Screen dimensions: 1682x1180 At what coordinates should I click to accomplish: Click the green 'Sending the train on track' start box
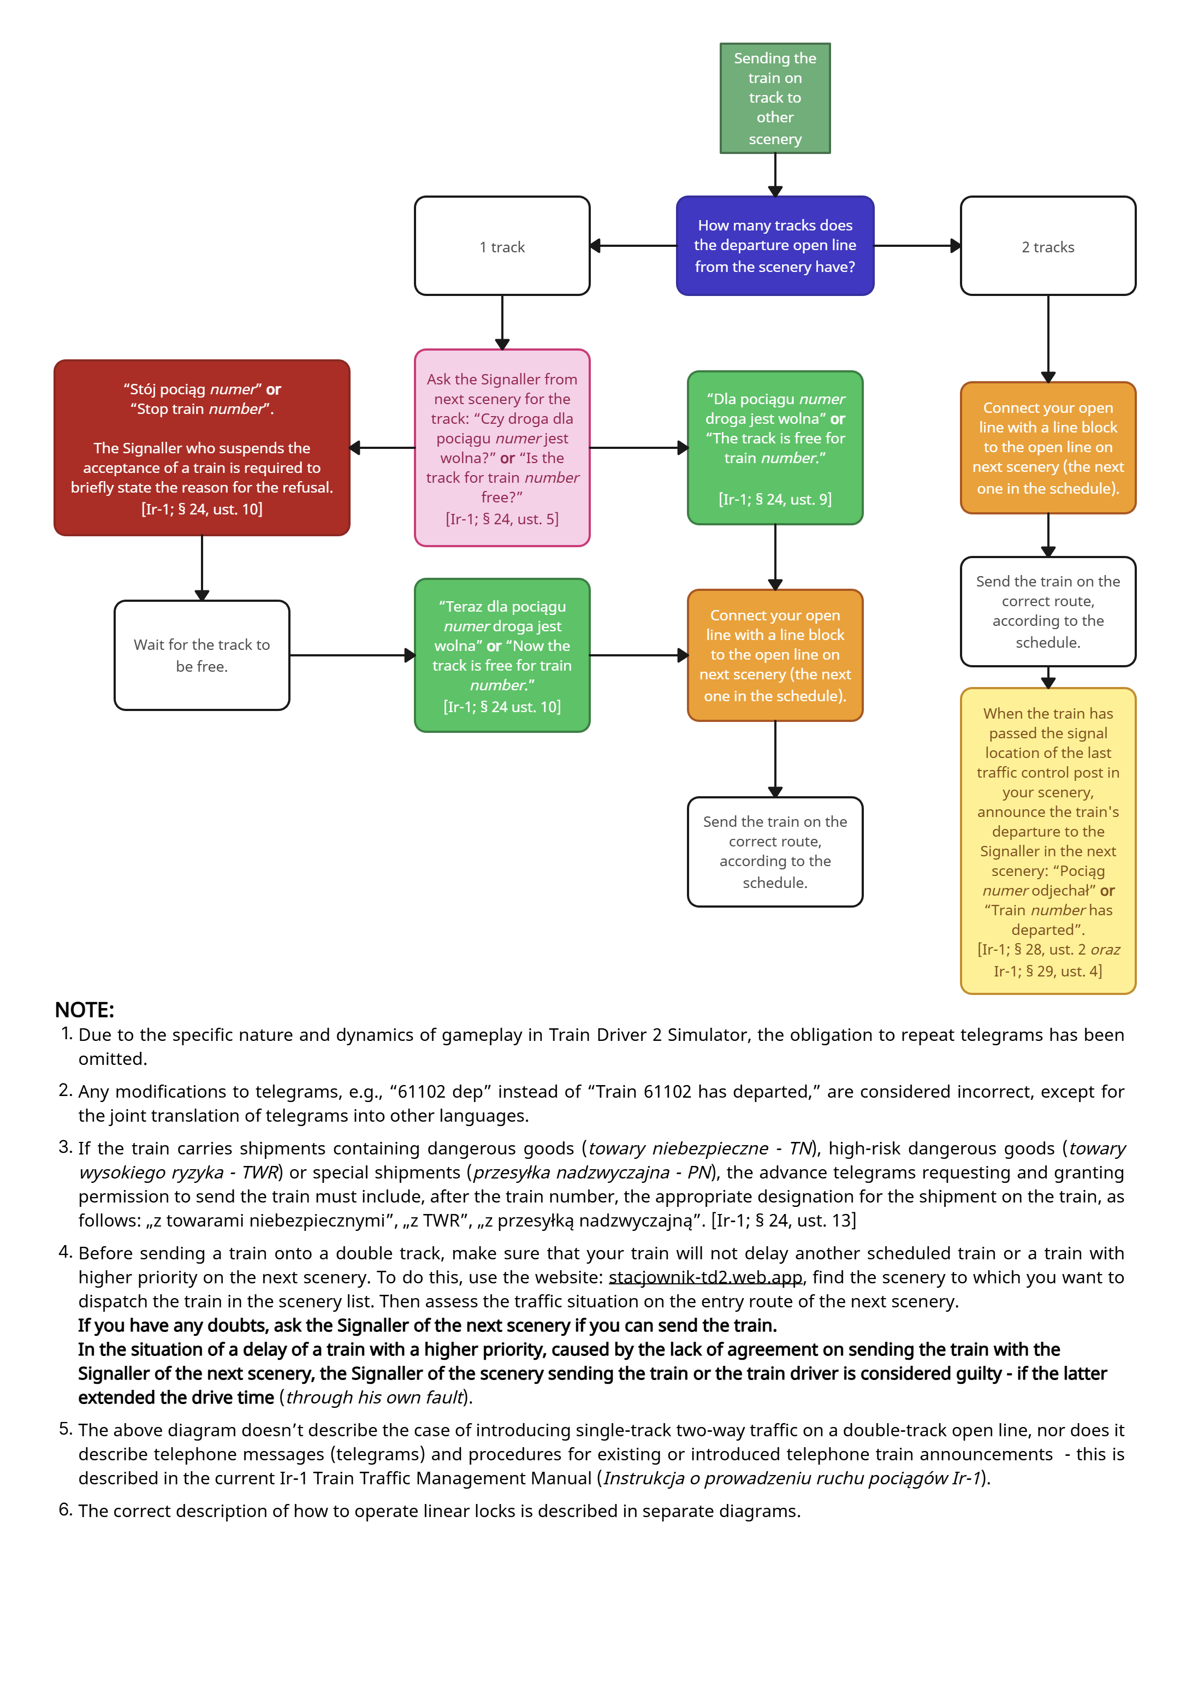point(774,98)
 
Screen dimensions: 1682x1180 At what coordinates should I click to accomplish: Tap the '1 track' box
point(502,246)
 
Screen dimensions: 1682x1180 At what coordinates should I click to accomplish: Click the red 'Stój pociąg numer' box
point(201,448)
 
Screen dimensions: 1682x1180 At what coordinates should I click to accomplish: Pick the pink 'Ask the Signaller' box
point(502,448)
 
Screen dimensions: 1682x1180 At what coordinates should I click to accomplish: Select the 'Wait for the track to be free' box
point(201,655)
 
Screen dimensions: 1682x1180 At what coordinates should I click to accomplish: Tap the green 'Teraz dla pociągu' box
point(502,655)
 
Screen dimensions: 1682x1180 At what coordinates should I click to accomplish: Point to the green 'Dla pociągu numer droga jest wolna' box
point(774,448)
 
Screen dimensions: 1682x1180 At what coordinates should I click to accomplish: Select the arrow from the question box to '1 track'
point(633,246)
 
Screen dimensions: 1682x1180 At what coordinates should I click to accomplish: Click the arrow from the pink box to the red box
point(382,448)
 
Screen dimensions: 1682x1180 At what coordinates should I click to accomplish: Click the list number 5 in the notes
point(65,1429)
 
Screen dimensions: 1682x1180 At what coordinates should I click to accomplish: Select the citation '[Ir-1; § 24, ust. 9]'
point(774,499)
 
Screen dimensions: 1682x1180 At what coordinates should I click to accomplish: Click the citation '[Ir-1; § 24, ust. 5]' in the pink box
point(502,519)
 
